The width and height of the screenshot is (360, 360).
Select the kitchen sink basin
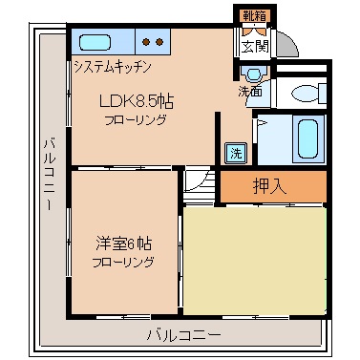click(95, 43)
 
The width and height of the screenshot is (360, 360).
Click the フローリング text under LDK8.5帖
click(135, 120)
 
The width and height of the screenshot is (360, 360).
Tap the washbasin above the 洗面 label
click(252, 75)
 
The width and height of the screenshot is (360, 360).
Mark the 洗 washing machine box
click(234, 152)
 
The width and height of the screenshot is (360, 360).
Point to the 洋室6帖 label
click(117, 243)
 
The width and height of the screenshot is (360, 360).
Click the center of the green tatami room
click(255, 258)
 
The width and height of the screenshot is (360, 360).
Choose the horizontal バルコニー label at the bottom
click(183, 334)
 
